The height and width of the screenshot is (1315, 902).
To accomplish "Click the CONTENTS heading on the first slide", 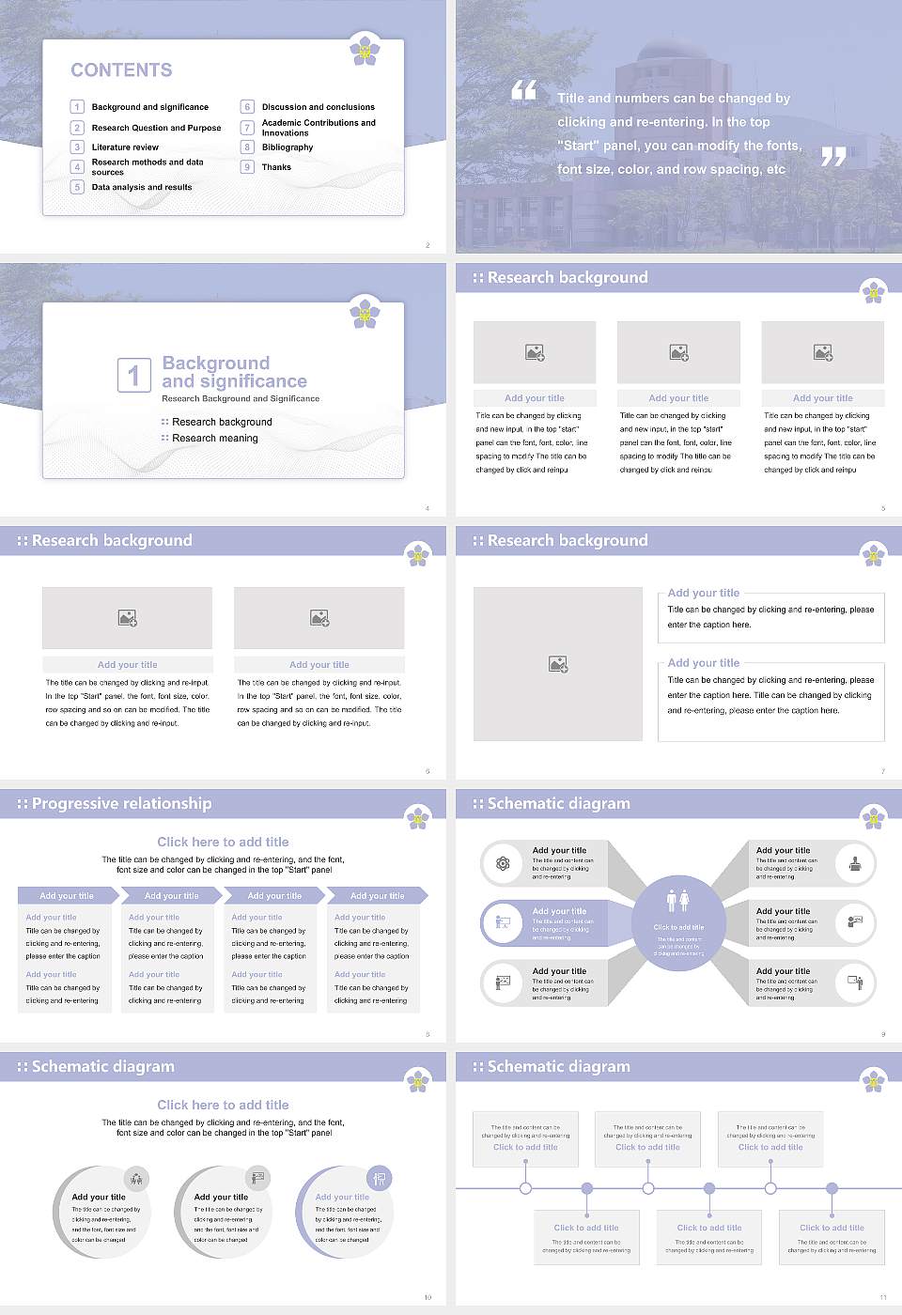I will [121, 70].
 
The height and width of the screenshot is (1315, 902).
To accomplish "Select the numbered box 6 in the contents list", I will [247, 107].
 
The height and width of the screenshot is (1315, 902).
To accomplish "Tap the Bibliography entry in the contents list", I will [287, 147].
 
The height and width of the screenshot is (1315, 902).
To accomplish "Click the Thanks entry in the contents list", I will [276, 167].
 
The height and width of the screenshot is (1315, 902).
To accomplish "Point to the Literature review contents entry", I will [125, 147].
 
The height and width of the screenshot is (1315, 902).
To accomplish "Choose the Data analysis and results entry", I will [141, 187].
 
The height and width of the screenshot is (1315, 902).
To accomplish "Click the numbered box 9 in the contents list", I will [247, 167].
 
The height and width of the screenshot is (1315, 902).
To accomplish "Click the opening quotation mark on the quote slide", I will [523, 90].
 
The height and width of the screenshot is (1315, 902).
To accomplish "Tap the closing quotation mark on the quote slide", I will [833, 157].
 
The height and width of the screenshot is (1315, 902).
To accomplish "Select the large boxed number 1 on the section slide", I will [133, 375].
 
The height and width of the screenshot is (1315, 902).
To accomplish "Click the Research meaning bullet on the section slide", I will [214, 439].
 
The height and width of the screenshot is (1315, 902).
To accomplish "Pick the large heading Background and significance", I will [234, 372].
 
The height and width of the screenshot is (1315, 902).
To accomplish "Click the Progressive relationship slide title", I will [121, 803].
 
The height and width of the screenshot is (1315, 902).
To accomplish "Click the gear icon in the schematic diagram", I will [503, 863].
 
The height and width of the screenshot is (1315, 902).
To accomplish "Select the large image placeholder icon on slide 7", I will [558, 664].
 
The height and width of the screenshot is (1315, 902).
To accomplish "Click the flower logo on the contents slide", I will [365, 49].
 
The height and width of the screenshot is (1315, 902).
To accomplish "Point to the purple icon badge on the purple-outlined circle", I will [379, 1178].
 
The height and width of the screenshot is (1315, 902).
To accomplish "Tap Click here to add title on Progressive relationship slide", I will [223, 842].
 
